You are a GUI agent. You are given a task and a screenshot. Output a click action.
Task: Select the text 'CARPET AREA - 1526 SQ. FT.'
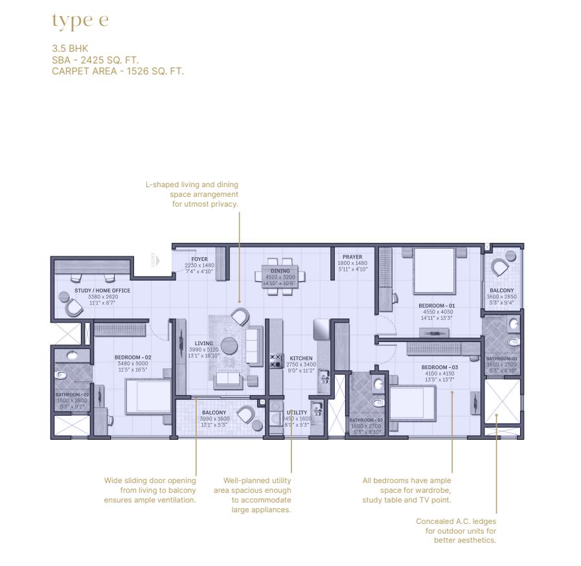(117, 71)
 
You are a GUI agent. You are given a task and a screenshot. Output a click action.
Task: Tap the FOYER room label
(199, 259)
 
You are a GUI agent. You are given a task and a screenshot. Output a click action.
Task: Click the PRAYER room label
(352, 257)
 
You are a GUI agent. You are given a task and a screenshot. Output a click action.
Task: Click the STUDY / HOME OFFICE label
(102, 291)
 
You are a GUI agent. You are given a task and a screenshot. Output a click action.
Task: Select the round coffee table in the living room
(230, 344)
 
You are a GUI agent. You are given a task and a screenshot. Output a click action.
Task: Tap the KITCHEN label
(301, 358)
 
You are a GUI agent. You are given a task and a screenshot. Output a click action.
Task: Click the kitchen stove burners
(275, 360)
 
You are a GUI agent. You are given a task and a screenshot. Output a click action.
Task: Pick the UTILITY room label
(297, 413)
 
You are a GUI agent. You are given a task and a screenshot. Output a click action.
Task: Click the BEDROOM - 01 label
(437, 305)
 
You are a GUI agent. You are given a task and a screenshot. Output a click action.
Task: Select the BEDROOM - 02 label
(133, 357)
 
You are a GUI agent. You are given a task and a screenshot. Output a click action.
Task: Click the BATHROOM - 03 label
(366, 420)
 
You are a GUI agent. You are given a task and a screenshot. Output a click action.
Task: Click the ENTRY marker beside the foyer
(154, 259)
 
